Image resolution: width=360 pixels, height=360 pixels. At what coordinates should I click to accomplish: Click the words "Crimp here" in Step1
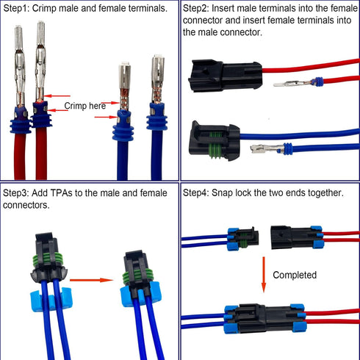pyautogui.click(x=84, y=106)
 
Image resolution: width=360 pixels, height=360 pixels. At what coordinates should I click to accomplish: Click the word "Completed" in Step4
pyautogui.click(x=294, y=275)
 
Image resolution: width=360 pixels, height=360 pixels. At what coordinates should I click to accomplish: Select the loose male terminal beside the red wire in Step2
pyautogui.click(x=293, y=83)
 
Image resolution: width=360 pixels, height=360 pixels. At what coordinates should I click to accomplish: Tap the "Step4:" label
pyautogui.click(x=198, y=192)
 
